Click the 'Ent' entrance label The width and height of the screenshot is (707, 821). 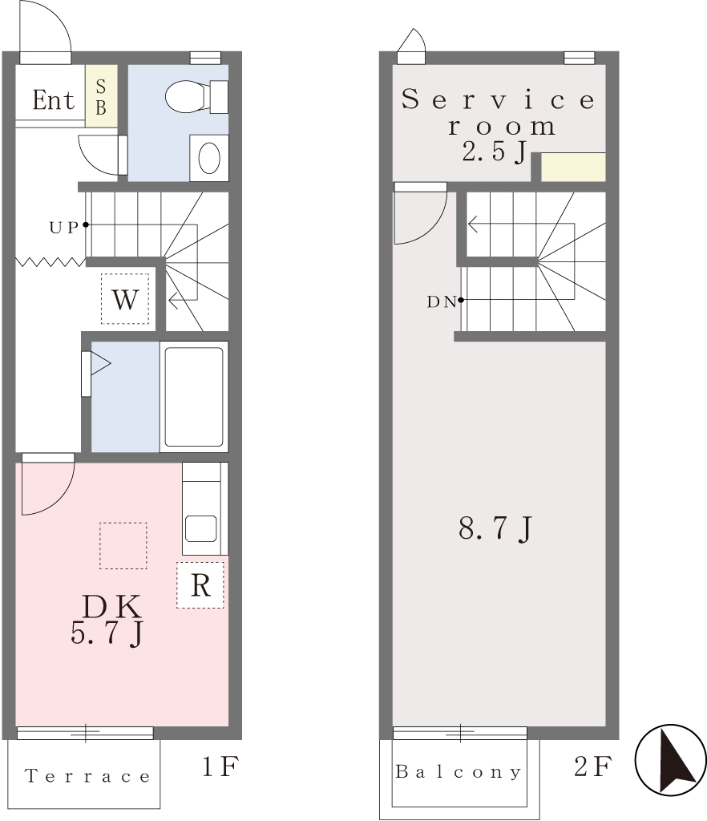point(54,99)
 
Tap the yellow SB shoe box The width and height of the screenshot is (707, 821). point(101,96)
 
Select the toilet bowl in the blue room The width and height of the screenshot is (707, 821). point(196,96)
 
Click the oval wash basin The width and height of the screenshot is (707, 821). point(209,158)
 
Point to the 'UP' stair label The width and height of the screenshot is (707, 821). point(64,227)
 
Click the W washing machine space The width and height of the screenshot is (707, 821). point(125,299)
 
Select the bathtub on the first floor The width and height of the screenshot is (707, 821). point(194,396)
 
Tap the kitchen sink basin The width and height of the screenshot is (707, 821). point(201,529)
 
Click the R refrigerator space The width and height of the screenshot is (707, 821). point(200,584)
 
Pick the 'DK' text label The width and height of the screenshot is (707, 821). point(111,606)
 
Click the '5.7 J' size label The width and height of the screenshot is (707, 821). point(107,633)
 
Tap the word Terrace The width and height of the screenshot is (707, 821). point(87,776)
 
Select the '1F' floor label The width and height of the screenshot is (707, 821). point(220,766)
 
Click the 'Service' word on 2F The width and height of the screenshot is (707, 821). point(498,99)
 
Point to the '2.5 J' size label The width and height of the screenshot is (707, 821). point(494,152)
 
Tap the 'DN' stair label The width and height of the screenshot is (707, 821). point(442,302)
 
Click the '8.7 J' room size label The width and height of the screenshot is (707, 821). point(495,528)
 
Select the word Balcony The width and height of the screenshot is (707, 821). point(459,772)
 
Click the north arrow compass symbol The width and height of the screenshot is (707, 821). point(670,759)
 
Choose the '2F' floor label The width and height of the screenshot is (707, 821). point(593,766)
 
